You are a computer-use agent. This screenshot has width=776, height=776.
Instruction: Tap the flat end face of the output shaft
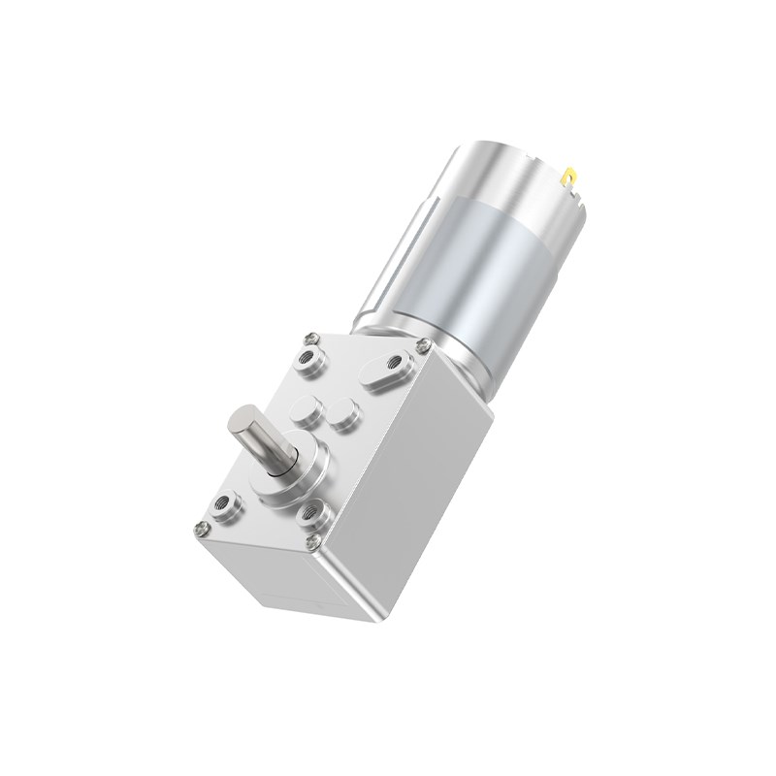click(239, 424)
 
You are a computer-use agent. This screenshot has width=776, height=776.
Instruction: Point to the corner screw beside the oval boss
click(422, 345)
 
